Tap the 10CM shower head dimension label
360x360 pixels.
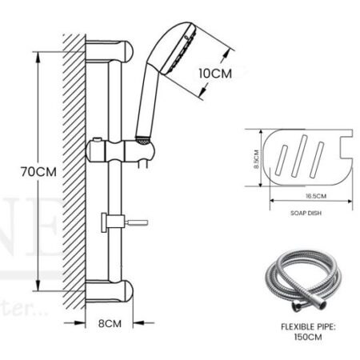pos(215,73)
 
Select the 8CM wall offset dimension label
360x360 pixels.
pos(111,324)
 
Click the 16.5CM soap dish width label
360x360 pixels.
pos(305,195)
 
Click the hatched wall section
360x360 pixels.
pos(74,168)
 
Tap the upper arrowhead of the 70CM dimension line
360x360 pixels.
pos(38,55)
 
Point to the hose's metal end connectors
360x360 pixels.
pos(298,306)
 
